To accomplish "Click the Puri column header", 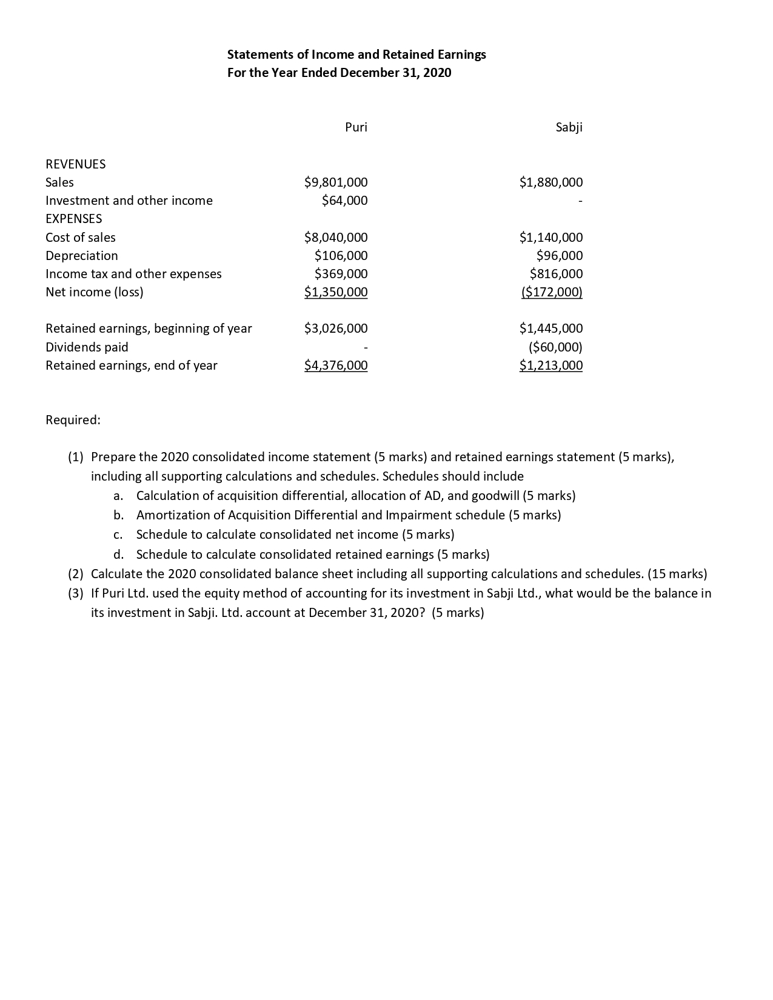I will point(356,127).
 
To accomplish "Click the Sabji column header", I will point(569,127).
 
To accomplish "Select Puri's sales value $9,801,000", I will point(336,182).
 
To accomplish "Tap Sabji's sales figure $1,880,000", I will point(551,182).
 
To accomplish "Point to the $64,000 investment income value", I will point(344,201).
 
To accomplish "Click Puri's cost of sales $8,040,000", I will point(336,238).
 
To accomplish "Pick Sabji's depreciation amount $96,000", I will point(560,256).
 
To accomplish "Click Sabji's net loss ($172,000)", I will point(552,292).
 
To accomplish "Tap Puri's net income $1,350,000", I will point(336,292).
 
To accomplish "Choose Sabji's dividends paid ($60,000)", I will point(555,347).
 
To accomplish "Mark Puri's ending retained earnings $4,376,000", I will point(336,365).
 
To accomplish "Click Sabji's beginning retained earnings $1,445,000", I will point(551,328).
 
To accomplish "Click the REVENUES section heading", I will point(76,164).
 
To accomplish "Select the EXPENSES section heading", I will point(74,219).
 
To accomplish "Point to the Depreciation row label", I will point(82,256).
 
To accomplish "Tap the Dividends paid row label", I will point(87,347).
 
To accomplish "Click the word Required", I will point(73,420).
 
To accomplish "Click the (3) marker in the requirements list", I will point(75,593).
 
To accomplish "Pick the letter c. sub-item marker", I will point(118,535).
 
